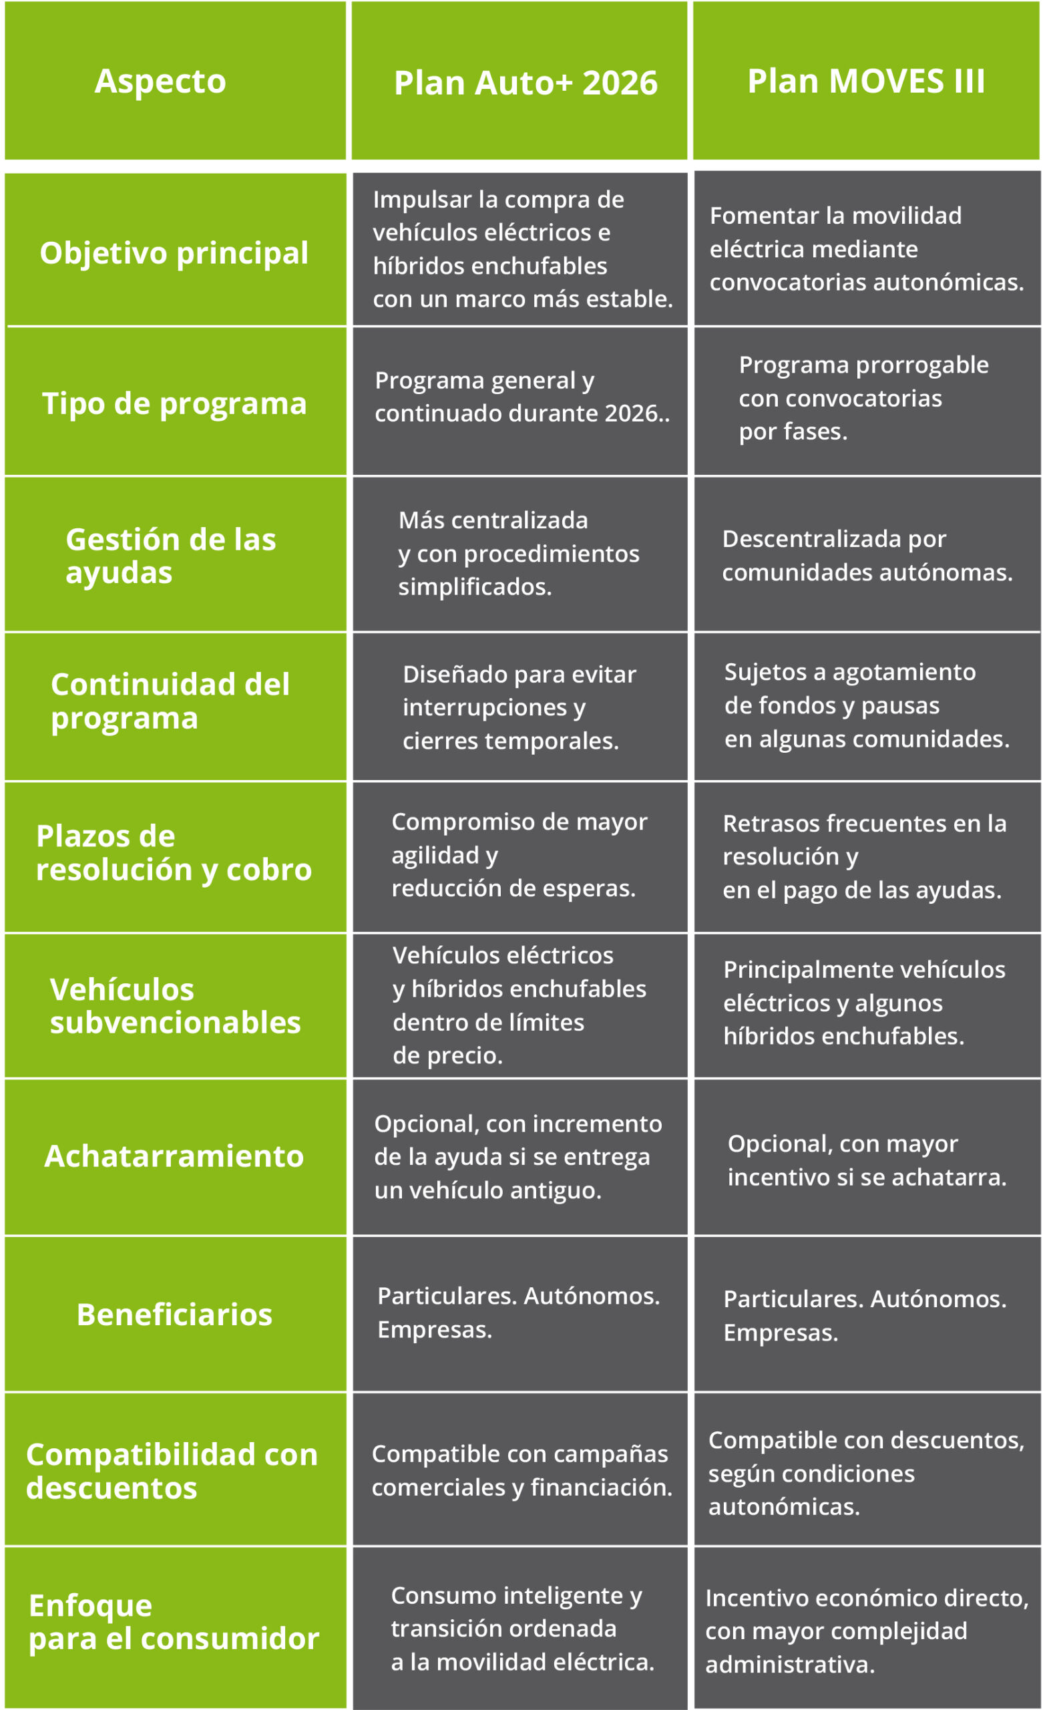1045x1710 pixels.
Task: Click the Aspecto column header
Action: point(160,81)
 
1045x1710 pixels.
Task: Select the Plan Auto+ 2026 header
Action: point(526,83)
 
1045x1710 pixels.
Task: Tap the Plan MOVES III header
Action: point(866,81)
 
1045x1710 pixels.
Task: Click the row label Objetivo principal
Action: point(174,252)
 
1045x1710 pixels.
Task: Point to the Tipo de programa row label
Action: point(174,403)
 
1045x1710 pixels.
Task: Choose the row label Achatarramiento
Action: point(174,1157)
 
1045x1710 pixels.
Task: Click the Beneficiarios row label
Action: point(174,1315)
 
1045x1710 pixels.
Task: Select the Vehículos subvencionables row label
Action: point(175,1006)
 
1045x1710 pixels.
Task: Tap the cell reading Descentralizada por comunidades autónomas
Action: point(867,555)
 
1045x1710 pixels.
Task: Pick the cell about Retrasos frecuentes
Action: point(865,857)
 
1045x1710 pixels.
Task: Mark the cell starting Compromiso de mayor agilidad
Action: point(519,855)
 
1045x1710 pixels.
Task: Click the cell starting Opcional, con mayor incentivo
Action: point(867,1160)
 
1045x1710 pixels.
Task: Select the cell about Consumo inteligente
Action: point(521,1629)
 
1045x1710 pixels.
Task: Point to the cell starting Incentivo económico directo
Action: point(867,1631)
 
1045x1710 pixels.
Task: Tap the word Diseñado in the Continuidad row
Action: point(443,675)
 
